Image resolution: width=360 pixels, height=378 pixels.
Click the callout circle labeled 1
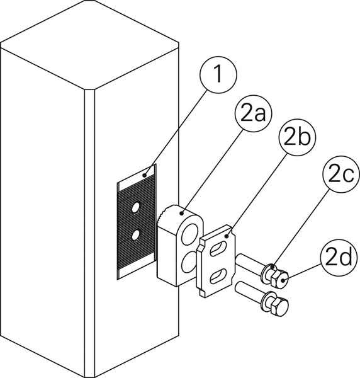pyautogui.click(x=218, y=75)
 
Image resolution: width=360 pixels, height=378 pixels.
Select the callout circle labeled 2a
pyautogui.click(x=254, y=113)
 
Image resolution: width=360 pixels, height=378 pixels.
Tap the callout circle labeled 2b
pyautogui.click(x=297, y=137)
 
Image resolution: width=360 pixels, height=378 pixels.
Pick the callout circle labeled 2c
pyautogui.click(x=341, y=174)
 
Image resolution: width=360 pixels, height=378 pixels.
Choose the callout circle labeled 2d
pyautogui.click(x=339, y=258)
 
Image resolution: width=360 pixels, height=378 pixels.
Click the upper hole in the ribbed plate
pyautogui.click(x=135, y=207)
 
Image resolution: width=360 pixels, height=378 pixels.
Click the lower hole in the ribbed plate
pyautogui.click(x=135, y=235)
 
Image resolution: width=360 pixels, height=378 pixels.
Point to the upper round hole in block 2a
pyautogui.click(x=190, y=234)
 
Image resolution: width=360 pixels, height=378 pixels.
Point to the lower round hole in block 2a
pyautogui.click(x=189, y=261)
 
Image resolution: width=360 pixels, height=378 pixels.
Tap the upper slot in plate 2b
pyautogui.click(x=218, y=249)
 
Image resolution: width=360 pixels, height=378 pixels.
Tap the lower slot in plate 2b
pyautogui.click(x=218, y=277)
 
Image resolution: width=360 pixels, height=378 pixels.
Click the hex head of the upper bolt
pyautogui.click(x=279, y=278)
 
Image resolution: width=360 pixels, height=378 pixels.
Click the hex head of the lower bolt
pyautogui.click(x=279, y=307)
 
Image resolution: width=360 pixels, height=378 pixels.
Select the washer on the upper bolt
pyautogui.click(x=267, y=274)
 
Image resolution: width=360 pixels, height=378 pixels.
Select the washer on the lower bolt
pyautogui.click(x=267, y=303)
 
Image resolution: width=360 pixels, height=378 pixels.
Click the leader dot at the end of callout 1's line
pyautogui.click(x=145, y=175)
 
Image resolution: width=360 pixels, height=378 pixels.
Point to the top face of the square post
pyautogui.click(x=89, y=45)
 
